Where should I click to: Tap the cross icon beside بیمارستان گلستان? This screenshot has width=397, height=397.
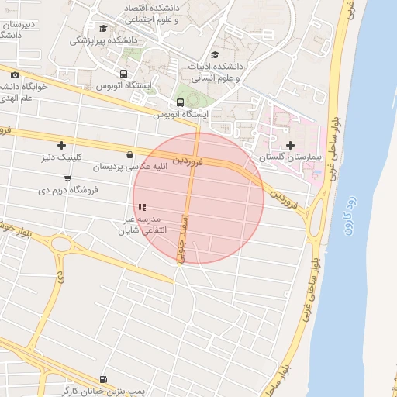coord(290,145)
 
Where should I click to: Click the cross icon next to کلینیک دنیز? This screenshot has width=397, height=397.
coord(61,145)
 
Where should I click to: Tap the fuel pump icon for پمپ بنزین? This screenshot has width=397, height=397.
coord(104,379)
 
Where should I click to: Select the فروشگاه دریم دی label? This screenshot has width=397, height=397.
coord(67,188)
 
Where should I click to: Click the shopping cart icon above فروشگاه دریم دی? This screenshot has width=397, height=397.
coord(67,178)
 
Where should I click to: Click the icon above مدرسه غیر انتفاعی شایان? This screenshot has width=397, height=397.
coord(140,207)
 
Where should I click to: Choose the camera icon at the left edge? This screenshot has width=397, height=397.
coord(15,74)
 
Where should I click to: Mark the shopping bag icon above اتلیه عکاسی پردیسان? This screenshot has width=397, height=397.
coord(129,154)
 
